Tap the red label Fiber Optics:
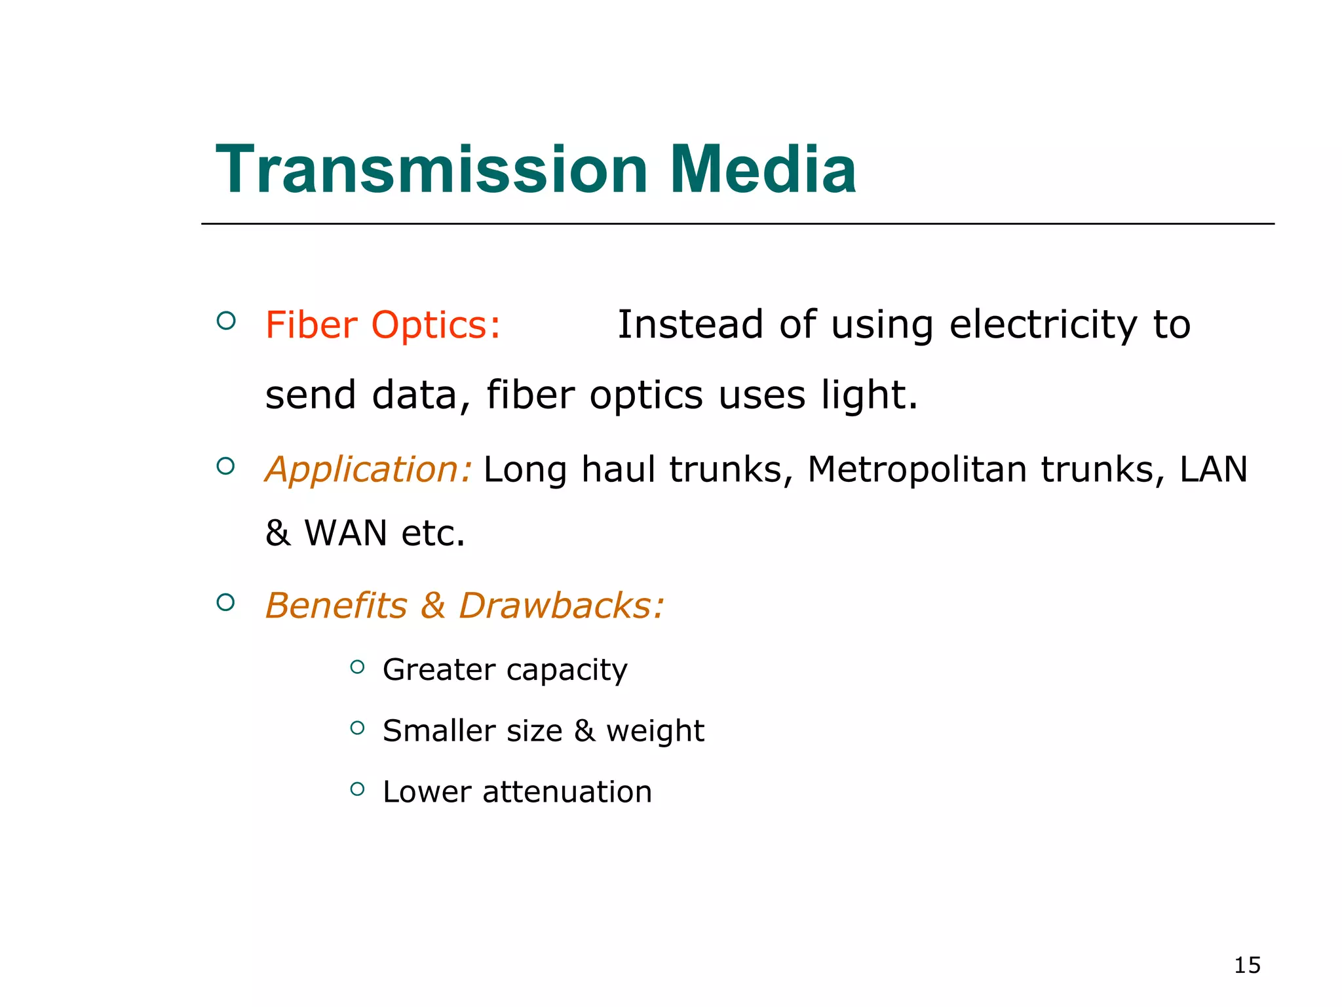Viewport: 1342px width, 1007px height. tap(383, 325)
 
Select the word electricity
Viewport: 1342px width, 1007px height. tap(1042, 325)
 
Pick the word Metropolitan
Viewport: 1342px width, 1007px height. tap(917, 470)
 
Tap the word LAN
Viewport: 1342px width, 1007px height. tap(1214, 470)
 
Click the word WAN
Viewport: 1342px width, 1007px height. tap(346, 533)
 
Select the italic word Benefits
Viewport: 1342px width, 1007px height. tap(336, 605)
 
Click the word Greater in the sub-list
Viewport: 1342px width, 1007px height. tap(439, 669)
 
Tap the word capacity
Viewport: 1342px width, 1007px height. tap(567, 671)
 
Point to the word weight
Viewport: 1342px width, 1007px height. tap(655, 732)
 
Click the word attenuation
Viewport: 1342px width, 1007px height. tap(567, 792)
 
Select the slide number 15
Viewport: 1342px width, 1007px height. tap(1247, 966)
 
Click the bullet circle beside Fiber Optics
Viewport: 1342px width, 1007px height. tap(226, 321)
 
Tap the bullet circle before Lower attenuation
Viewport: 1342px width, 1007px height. tap(357, 789)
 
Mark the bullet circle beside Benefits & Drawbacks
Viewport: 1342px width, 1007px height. tap(225, 602)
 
